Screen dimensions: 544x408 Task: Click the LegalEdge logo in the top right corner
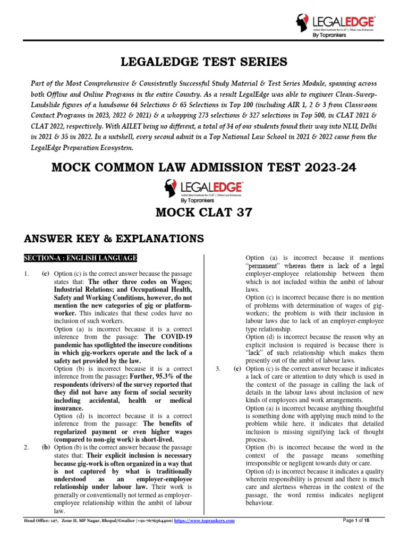(x=335, y=25)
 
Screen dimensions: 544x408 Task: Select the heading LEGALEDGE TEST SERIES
(x=204, y=63)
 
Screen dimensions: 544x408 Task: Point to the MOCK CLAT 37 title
(x=204, y=213)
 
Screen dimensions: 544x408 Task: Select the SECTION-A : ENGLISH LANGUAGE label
(x=80, y=259)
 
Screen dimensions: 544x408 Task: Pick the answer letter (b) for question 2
(x=46, y=447)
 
